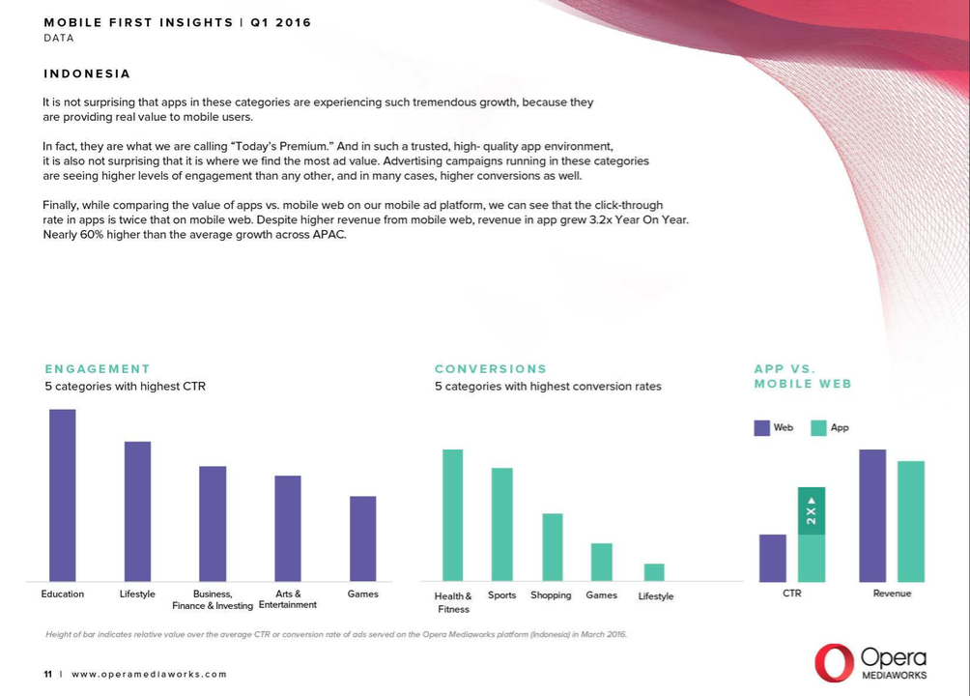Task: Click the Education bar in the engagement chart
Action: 63,495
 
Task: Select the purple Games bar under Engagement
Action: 363,538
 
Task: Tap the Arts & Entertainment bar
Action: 288,528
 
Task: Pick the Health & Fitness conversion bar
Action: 452,514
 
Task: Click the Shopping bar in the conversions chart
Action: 552,546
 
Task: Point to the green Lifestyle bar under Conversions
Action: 654,572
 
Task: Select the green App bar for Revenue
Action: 911,521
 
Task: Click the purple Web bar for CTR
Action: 773,558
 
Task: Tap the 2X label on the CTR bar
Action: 812,511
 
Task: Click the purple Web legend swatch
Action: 762,428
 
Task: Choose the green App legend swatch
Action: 818,428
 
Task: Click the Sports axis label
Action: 501,595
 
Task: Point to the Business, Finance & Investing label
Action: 213,599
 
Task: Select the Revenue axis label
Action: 892,594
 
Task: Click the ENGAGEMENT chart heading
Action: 98,369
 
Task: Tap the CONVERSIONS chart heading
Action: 491,369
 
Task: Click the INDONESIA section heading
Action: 87,74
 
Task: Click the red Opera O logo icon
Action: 833,662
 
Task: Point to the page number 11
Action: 47,674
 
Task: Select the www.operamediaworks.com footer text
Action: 150,674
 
